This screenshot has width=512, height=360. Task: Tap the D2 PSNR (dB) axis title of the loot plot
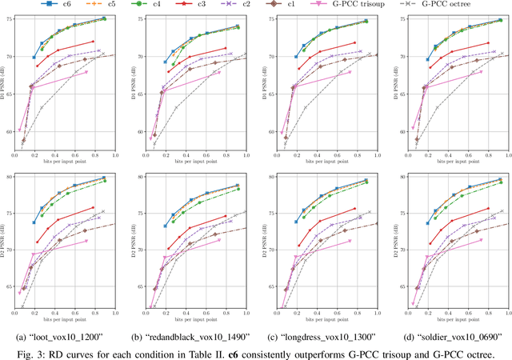(3, 239)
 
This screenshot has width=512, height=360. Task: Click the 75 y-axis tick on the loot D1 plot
(11, 19)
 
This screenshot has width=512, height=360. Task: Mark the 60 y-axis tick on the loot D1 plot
(11, 131)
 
